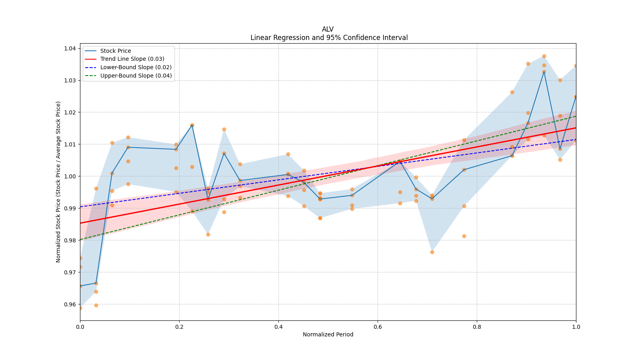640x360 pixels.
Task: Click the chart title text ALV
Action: [x=328, y=29]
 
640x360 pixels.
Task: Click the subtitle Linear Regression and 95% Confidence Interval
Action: [x=329, y=38]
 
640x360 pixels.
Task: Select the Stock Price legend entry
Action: [x=116, y=51]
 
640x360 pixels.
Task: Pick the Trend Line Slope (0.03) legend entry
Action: [x=132, y=59]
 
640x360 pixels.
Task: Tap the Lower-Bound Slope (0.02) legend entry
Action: [x=136, y=68]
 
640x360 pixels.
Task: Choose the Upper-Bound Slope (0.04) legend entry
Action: [x=136, y=76]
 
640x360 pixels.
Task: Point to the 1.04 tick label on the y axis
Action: [x=70, y=48]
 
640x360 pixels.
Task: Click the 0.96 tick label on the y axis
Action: [x=70, y=304]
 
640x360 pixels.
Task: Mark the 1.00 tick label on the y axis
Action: [x=70, y=176]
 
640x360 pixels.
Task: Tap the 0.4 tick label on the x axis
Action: [x=278, y=327]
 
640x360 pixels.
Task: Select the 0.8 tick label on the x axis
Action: [x=477, y=327]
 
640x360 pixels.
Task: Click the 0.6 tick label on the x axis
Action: [x=378, y=327]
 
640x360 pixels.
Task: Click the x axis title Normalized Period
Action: [x=328, y=334]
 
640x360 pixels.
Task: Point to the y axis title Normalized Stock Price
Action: [x=58, y=182]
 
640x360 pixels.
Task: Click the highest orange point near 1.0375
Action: [x=544, y=56]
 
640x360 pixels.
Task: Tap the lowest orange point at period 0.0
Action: [x=80, y=308]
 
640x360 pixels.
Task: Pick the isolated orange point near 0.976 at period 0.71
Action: [x=432, y=252]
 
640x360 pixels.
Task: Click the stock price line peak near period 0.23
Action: [x=192, y=125]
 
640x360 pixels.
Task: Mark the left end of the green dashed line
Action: [x=80, y=240]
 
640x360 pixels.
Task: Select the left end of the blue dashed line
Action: [x=80, y=207]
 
